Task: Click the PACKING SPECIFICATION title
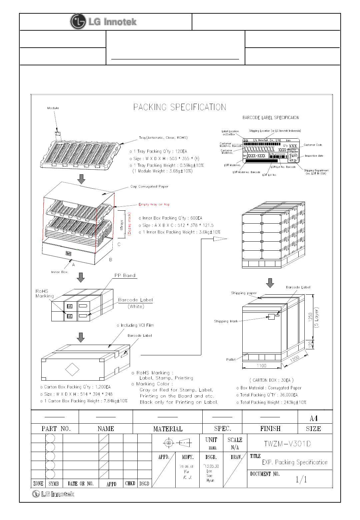[180, 107]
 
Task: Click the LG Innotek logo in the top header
[104, 22]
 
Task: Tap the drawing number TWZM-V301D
[287, 444]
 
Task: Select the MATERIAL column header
[168, 429]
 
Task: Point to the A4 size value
[314, 418]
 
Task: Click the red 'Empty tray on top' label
[154, 204]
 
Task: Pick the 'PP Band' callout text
[125, 276]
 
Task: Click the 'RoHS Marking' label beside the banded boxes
[44, 293]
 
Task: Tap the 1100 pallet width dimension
[261, 366]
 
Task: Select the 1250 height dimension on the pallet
[310, 317]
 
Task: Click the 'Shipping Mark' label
[226, 321]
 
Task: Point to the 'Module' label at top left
[53, 108]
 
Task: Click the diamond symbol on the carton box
[72, 369]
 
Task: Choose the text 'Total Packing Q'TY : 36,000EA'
[269, 395]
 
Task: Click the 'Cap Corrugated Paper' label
[149, 187]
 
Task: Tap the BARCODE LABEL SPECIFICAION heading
[271, 118]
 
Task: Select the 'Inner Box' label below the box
[59, 272]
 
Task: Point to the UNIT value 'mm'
[212, 448]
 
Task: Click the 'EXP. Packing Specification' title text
[295, 462]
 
